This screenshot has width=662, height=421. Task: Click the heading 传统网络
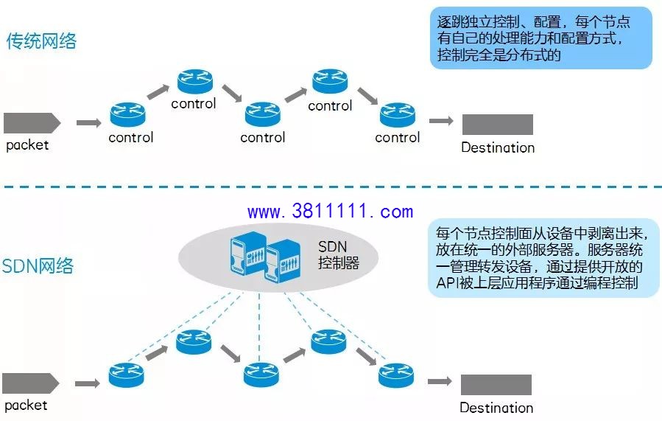tap(41, 41)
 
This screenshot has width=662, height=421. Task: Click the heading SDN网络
tap(38, 266)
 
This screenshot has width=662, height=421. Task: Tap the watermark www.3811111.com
tap(330, 211)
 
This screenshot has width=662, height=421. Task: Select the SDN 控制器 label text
tap(339, 254)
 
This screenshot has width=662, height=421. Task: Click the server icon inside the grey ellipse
tap(266, 257)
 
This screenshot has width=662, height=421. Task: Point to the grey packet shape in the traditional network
tap(32, 123)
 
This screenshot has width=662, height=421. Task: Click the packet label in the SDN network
tap(26, 406)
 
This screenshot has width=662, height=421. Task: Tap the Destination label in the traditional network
tap(498, 147)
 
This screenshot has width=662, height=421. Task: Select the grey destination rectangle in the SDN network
tap(496, 385)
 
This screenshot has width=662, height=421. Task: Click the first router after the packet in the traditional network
tap(127, 114)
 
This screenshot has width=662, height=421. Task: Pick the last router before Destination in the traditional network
tap(398, 115)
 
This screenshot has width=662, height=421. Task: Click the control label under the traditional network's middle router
tap(263, 137)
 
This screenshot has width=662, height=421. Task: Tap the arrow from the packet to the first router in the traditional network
tap(88, 123)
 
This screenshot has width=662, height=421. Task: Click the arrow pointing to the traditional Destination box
tap(441, 121)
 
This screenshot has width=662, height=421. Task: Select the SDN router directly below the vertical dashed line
tap(261, 375)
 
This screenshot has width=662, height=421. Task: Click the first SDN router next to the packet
tap(126, 375)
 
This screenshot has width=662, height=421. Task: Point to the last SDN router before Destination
tap(396, 375)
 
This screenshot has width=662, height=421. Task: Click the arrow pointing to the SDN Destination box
tap(440, 382)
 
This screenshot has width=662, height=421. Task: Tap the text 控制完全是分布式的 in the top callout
tap(499, 55)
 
